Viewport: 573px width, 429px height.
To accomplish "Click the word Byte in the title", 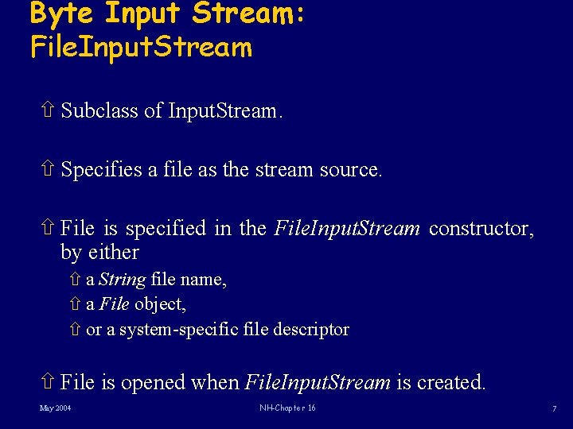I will pos(62,14).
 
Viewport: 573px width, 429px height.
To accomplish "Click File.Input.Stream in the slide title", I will pos(141,48).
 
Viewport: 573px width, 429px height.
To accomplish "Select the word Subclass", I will pos(99,110).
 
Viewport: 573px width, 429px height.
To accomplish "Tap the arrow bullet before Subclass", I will pos(46,110).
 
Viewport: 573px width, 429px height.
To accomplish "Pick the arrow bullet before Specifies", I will pos(46,169).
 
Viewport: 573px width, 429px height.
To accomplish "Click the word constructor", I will pos(481,229).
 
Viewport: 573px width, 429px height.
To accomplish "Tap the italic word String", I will pos(122,280).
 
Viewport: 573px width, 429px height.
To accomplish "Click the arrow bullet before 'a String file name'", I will pos(74,280).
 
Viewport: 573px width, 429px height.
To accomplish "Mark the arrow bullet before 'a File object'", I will pos(74,304).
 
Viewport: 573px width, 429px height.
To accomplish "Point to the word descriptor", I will pos(310,329).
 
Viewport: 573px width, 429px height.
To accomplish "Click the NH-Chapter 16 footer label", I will pos(287,408).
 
